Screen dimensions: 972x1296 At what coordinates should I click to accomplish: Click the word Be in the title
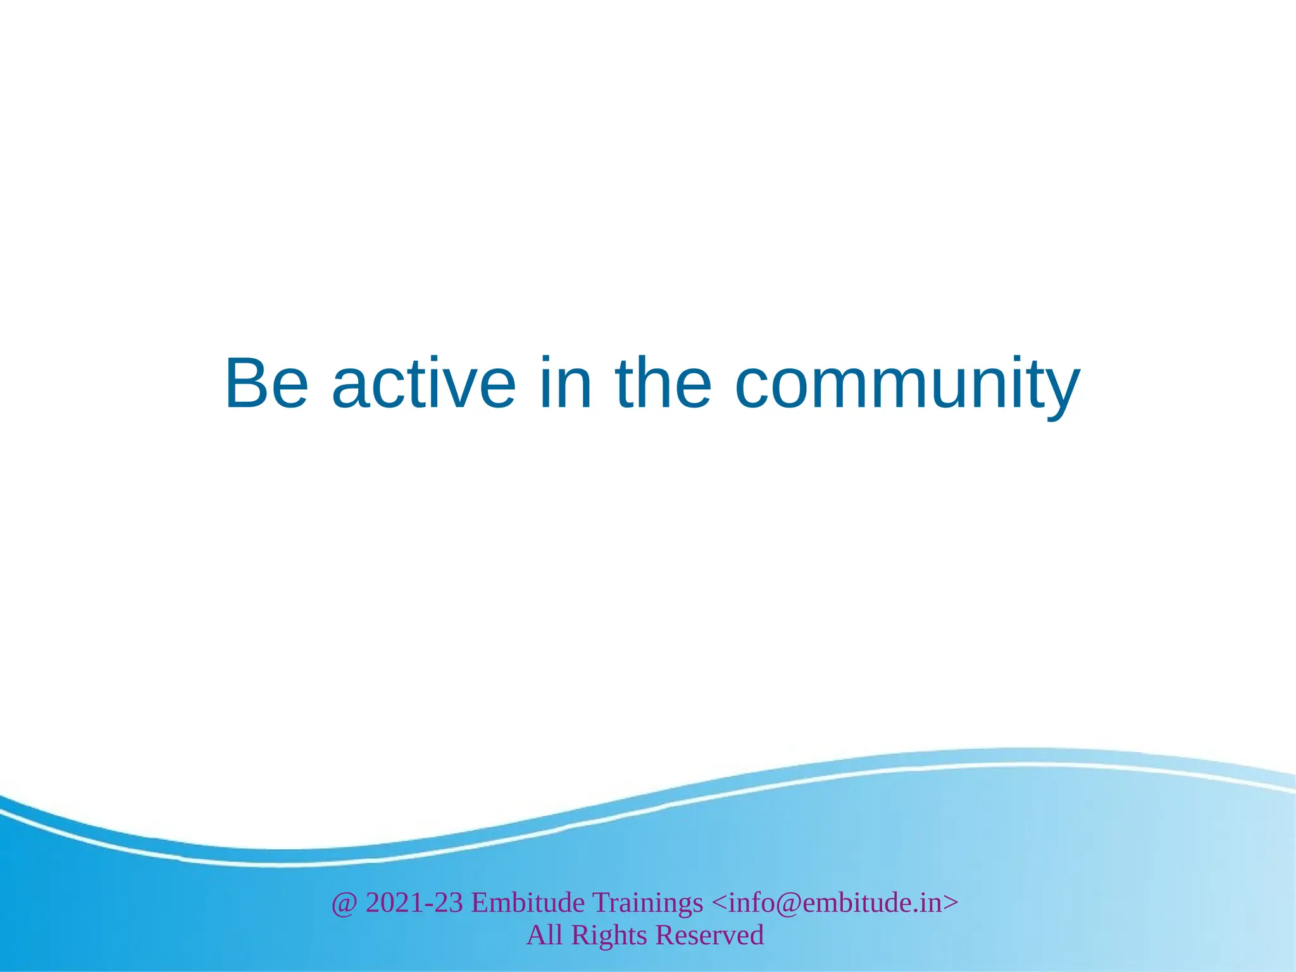pyautogui.click(x=266, y=383)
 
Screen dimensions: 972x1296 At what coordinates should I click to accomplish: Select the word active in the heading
pyautogui.click(x=423, y=383)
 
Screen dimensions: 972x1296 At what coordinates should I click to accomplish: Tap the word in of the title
pyautogui.click(x=566, y=383)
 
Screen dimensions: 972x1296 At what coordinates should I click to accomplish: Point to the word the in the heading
pyautogui.click(x=664, y=383)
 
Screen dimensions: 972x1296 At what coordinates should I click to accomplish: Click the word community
pyautogui.click(x=907, y=385)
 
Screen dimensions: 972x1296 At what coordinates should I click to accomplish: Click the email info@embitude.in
pyautogui.click(x=835, y=902)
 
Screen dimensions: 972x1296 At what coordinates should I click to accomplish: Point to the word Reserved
pyautogui.click(x=709, y=935)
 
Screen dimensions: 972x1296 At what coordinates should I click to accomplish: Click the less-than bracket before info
pyautogui.click(x=720, y=903)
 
